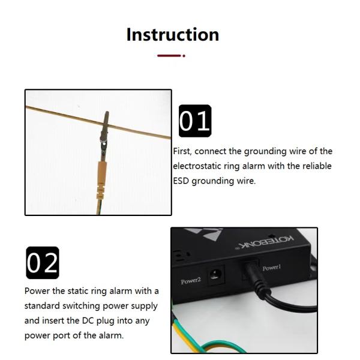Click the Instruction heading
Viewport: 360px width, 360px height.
(x=173, y=34)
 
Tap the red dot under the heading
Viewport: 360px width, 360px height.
(x=184, y=56)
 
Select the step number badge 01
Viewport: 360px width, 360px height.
(x=195, y=121)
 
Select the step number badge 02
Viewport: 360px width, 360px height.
(x=43, y=263)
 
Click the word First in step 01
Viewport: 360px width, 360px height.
(x=182, y=152)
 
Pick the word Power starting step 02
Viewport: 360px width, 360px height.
(x=37, y=291)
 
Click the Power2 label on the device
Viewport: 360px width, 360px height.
(x=191, y=281)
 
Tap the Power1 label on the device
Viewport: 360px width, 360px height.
(x=272, y=268)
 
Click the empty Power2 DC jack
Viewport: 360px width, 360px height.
(x=215, y=275)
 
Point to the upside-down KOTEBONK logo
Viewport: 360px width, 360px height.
(x=264, y=242)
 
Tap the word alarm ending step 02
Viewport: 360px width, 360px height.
(x=111, y=335)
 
